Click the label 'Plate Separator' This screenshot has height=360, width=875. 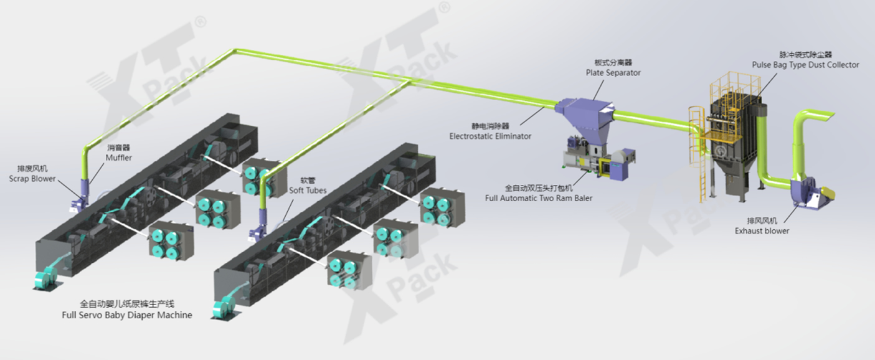coord(613,73)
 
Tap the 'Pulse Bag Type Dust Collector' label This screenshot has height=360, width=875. coord(805,65)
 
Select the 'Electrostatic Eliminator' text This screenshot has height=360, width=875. coord(491,135)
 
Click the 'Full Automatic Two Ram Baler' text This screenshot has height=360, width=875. coord(539,198)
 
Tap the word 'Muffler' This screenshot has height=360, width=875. coord(118,158)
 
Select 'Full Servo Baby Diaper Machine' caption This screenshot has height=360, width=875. coord(127,315)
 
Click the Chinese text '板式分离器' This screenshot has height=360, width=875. coord(613,63)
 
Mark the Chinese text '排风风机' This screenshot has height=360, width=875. coord(762,220)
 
